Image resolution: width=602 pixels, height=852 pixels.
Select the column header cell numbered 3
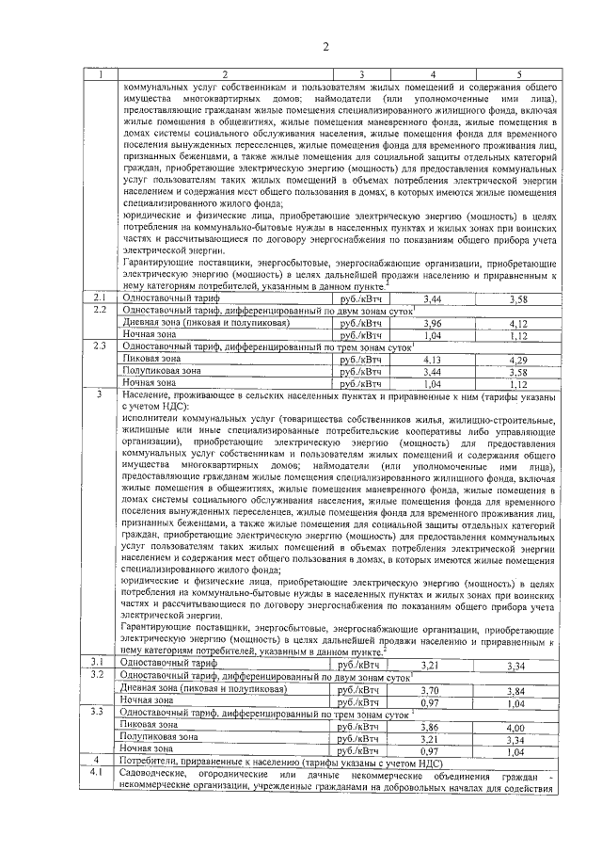[360, 74]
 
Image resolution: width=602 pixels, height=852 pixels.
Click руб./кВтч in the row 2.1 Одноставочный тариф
[360, 298]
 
